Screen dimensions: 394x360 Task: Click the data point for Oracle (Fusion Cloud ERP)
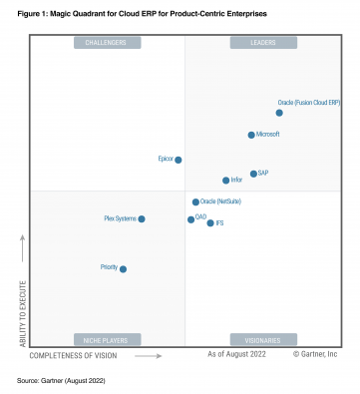[x=279, y=113]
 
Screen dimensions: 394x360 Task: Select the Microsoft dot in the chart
[x=250, y=135]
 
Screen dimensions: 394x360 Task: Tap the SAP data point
[x=253, y=174]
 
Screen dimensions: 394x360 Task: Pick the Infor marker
[x=225, y=181]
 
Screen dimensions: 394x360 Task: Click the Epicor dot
[x=179, y=160]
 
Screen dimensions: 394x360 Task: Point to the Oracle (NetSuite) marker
[x=195, y=202]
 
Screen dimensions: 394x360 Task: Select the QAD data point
[x=190, y=219]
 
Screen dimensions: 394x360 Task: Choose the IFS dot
[x=209, y=223]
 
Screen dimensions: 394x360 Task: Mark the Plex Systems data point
[x=142, y=218]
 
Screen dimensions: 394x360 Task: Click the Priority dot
[x=123, y=268]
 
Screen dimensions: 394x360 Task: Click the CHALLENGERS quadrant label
[x=103, y=43]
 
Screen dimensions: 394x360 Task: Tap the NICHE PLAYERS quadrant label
[x=103, y=339]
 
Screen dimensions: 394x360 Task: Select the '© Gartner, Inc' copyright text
[x=315, y=355]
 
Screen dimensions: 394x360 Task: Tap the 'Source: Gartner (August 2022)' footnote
[x=62, y=381]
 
